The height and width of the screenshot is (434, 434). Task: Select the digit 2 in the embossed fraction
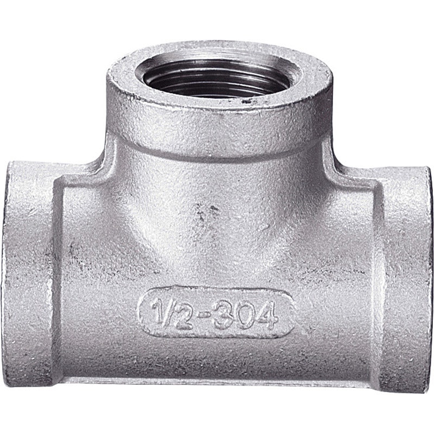click(183, 316)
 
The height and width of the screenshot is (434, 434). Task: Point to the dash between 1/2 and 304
click(205, 315)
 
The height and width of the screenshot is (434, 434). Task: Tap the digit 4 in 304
click(265, 315)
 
